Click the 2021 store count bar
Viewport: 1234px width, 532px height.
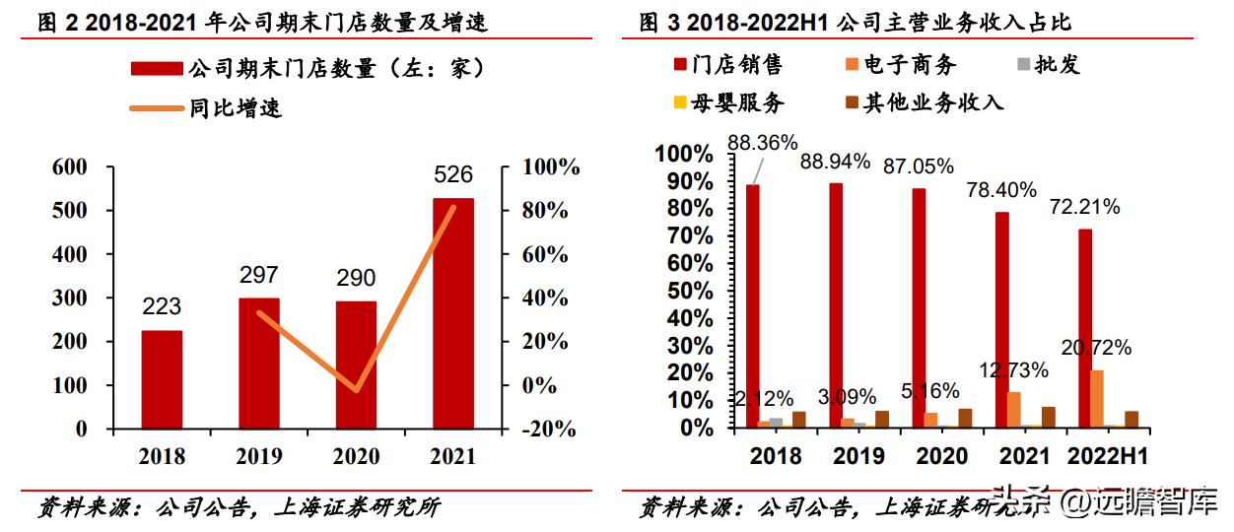[452, 313]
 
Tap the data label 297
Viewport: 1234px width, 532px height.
[258, 275]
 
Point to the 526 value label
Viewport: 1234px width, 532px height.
[452, 175]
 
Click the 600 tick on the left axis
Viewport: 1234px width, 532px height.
[70, 167]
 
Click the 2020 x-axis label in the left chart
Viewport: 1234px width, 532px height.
[356, 456]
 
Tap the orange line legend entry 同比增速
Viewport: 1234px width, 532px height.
[236, 108]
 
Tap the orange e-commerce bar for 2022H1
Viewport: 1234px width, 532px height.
[1097, 399]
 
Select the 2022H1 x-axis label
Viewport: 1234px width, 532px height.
[1108, 457]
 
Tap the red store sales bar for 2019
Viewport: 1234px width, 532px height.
[836, 305]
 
